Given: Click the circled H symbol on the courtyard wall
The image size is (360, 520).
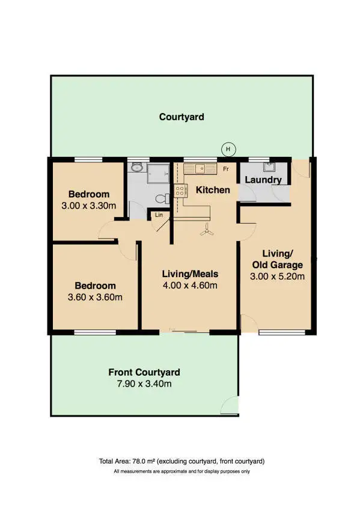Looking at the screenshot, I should point(228,149).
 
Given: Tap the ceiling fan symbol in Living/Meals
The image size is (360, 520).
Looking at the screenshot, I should point(207,229).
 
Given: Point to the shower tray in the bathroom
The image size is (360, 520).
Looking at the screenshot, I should point(159,170).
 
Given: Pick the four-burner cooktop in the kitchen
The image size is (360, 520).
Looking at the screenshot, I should point(179,191).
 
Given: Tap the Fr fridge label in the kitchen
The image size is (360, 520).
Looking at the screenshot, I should point(226,170).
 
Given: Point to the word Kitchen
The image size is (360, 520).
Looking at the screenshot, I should point(213,190).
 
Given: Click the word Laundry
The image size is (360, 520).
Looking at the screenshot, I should point(263,180).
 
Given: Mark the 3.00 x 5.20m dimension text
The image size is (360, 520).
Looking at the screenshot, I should point(276,277).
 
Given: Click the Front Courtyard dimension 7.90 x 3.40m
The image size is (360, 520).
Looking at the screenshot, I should point(144,384).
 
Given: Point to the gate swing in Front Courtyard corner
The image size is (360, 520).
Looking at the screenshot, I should point(230,406).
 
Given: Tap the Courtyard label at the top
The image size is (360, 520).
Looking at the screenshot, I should point(182,117).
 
